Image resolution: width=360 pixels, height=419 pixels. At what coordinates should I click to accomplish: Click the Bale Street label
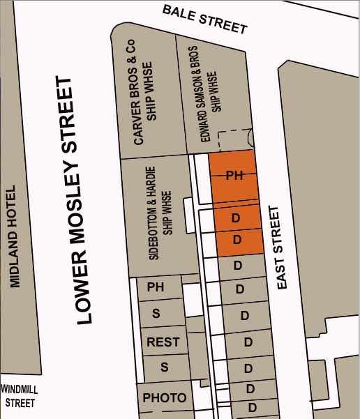coord(204,19)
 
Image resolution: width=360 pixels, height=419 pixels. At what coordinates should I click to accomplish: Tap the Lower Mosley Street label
coord(75,201)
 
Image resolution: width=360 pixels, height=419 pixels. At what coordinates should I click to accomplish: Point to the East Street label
coord(283,247)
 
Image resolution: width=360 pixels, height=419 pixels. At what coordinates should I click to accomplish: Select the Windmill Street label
coord(20,396)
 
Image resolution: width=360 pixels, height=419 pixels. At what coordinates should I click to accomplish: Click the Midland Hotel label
coord(13,237)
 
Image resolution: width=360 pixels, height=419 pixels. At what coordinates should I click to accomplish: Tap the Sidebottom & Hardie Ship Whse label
coord(160,213)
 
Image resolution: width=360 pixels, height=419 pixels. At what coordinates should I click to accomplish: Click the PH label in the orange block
coord(234,176)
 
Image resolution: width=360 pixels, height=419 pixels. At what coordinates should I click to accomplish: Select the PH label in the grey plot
coord(155,287)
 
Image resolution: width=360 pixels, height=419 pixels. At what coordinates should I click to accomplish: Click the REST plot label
coord(163,342)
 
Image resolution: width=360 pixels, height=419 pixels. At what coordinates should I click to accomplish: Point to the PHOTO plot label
coord(165,397)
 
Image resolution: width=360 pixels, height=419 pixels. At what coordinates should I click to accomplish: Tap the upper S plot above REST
coord(156,314)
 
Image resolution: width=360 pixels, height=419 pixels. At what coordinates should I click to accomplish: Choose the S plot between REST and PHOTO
coord(165,367)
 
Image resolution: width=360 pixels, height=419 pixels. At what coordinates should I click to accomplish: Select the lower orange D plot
coord(236,240)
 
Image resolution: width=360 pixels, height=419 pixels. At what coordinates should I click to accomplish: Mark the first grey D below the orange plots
coord(237,266)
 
